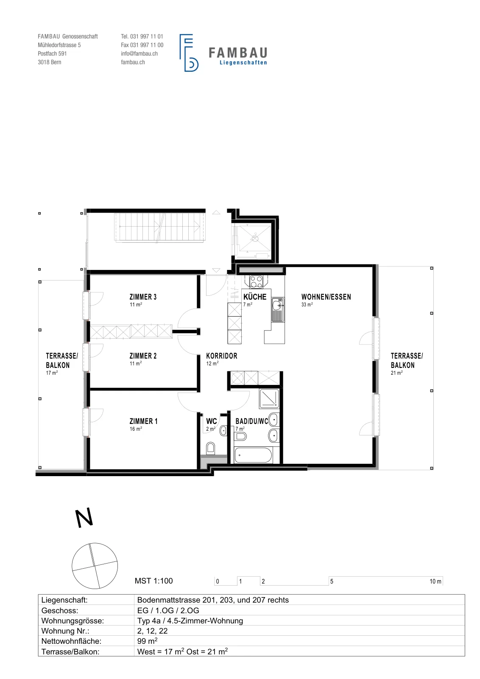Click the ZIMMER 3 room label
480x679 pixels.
pyautogui.click(x=143, y=297)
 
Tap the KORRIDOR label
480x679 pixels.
pyautogui.click(x=222, y=356)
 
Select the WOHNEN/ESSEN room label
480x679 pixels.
pyautogui.click(x=326, y=297)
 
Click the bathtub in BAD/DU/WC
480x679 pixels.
pyautogui.click(x=253, y=455)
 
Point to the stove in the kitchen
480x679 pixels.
pyautogui.click(x=256, y=281)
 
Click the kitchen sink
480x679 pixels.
pyautogui.click(x=278, y=309)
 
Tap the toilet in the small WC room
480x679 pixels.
pyautogui.click(x=210, y=448)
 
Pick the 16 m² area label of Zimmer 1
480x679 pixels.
pyautogui.click(x=136, y=429)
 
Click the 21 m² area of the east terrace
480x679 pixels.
pyautogui.click(x=397, y=373)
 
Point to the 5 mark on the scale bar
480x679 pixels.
pyautogui.click(x=332, y=581)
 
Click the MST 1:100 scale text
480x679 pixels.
pyautogui.click(x=153, y=581)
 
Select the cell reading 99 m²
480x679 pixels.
pyautogui.click(x=147, y=641)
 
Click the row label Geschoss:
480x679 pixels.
pyautogui.click(x=60, y=610)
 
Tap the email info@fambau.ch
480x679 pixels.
pyautogui.click(x=140, y=53)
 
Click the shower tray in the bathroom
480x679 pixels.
pyautogui.click(x=269, y=398)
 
